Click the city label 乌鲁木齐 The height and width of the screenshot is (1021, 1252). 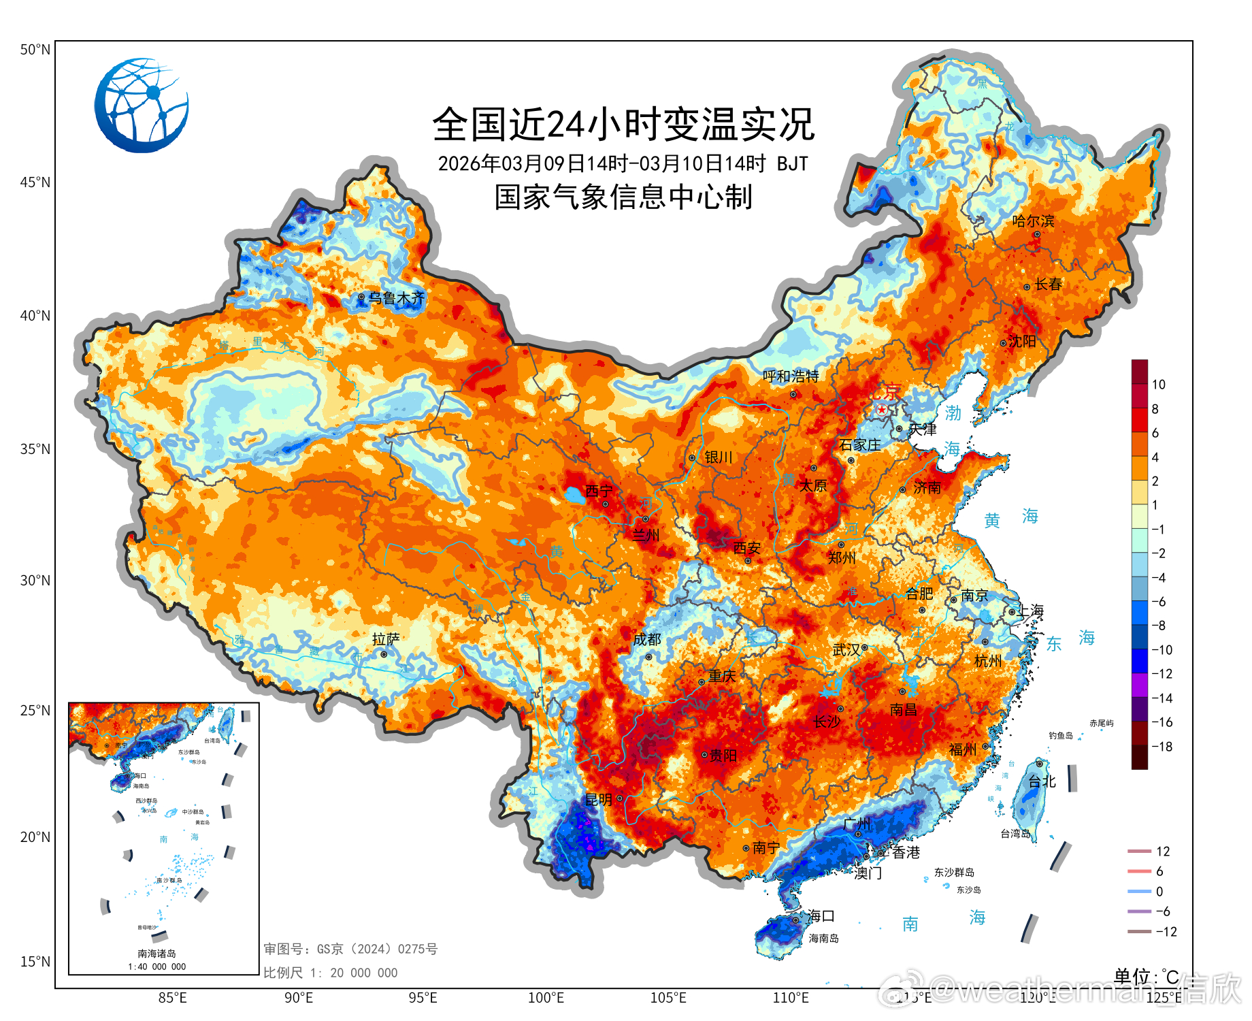point(396,298)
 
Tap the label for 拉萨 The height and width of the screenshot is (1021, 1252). point(386,639)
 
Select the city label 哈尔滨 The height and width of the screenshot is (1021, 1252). point(1033,221)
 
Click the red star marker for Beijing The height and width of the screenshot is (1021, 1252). point(882,410)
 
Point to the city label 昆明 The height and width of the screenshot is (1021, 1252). point(598,800)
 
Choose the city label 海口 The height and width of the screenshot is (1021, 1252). point(821,916)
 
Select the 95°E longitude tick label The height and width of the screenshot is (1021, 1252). point(423,998)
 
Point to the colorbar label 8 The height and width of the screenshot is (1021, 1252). point(1155,409)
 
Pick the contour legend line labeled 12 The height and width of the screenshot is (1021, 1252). point(1139,852)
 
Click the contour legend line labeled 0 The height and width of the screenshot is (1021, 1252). point(1139,892)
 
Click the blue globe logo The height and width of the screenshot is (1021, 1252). point(142,106)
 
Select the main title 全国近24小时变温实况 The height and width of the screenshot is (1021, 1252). point(623,125)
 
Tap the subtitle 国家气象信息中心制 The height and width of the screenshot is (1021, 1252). point(623,197)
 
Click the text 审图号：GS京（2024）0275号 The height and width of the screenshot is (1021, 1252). point(350,949)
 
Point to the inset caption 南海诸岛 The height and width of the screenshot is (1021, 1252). point(156,954)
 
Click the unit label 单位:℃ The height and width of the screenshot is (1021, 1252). point(1146,977)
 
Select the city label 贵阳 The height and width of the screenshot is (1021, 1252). point(723,756)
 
